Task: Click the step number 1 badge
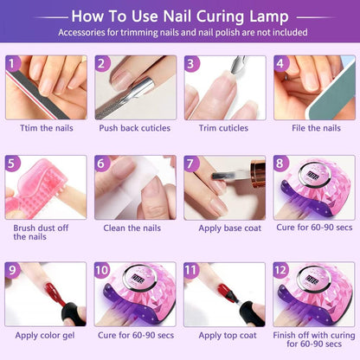12,63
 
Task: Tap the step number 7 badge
190,164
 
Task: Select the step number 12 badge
280,270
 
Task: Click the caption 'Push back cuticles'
135,128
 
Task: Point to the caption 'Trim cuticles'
223,128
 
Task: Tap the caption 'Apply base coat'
229,228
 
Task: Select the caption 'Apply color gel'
45,336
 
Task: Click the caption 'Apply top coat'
228,336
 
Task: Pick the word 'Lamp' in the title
269,16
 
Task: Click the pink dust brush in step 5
36,189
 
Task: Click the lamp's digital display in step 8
312,176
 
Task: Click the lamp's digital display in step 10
138,279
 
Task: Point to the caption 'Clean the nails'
132,228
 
